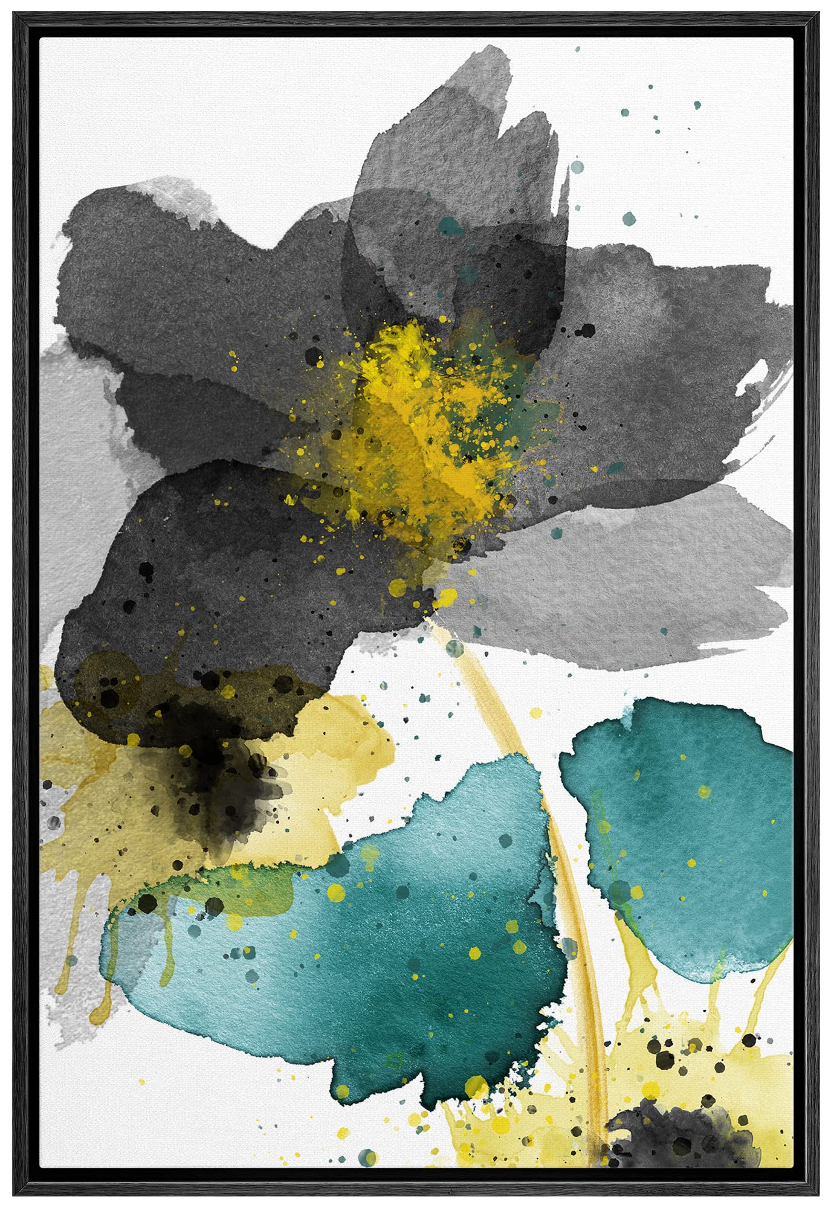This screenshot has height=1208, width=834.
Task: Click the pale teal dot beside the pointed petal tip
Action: point(577,165)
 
